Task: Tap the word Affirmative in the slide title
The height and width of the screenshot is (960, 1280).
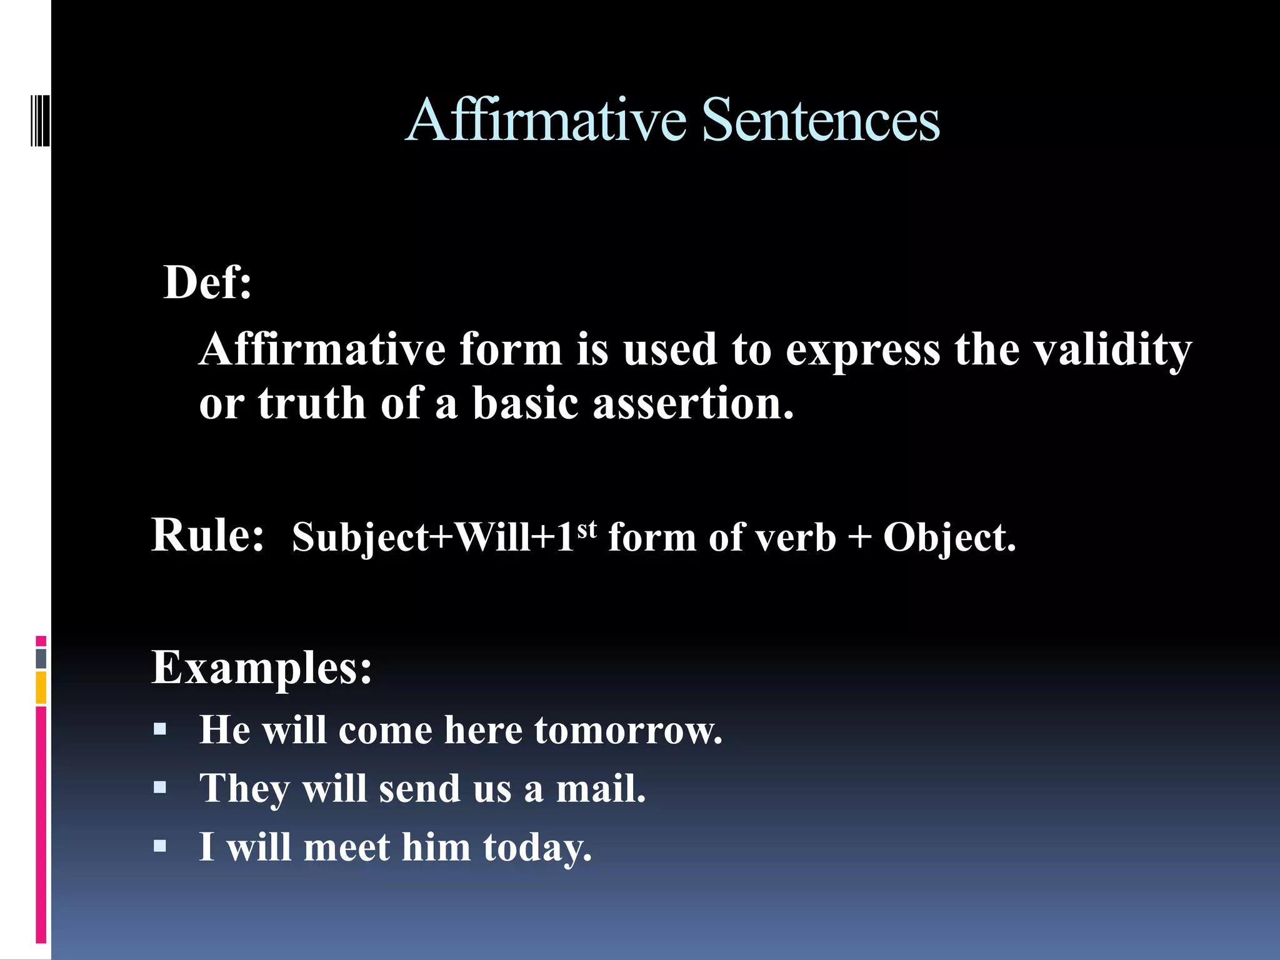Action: (546, 120)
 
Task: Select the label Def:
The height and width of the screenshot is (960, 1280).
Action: (207, 282)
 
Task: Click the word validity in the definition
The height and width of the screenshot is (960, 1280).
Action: (1112, 350)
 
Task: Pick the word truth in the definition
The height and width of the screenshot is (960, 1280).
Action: (311, 404)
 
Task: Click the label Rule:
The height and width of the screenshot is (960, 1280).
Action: (207, 535)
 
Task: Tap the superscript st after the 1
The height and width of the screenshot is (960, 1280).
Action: (587, 529)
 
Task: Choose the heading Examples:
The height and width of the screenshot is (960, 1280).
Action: (262, 667)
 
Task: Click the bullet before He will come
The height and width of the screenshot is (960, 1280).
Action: (160, 729)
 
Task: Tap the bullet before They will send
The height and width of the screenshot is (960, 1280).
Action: (160, 787)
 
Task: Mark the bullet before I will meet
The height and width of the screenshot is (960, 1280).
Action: (160, 846)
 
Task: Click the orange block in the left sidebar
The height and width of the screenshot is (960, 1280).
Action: (41, 687)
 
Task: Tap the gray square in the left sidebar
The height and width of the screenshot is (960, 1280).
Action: (41, 658)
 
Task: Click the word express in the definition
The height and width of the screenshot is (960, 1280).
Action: (862, 350)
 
